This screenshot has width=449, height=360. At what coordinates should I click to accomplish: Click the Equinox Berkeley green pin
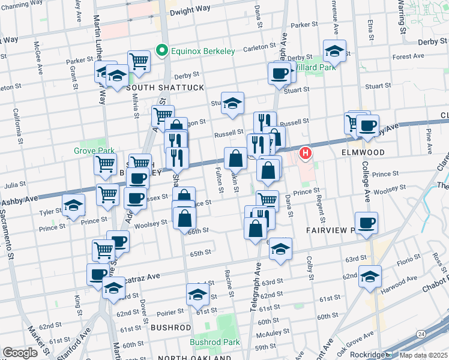160,51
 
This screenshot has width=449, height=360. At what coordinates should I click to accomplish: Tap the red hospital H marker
305,154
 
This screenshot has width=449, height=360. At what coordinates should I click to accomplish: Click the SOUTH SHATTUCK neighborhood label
165,88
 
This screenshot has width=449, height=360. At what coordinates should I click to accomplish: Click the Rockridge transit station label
368,353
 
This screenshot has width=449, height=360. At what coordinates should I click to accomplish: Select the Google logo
20,353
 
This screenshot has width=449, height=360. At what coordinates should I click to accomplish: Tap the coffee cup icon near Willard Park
278,73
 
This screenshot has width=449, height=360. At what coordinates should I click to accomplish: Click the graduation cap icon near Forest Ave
334,51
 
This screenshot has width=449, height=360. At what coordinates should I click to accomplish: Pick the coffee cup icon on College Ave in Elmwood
367,126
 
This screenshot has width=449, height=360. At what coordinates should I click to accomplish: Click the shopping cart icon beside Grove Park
106,163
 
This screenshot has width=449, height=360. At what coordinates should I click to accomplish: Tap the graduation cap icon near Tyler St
73,205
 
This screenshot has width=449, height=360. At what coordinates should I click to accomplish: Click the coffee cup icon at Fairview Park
366,223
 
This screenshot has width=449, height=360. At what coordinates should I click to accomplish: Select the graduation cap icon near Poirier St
197,295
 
